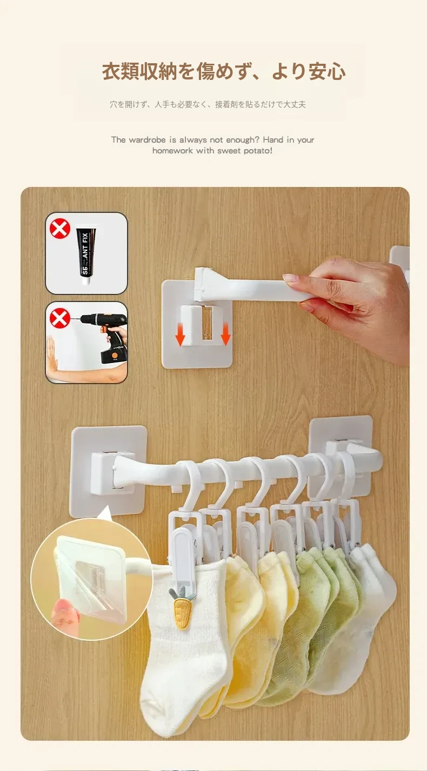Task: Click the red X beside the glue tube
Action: pyautogui.click(x=60, y=229)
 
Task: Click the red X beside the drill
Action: pyautogui.click(x=60, y=318)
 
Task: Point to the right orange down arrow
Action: pyautogui.click(x=225, y=334)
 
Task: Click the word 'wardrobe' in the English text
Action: pyautogui.click(x=148, y=140)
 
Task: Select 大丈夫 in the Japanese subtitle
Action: pyautogui.click(x=294, y=104)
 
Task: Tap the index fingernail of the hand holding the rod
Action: pyautogui.click(x=290, y=278)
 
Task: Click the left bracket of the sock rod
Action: pyautogui.click(x=109, y=471)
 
